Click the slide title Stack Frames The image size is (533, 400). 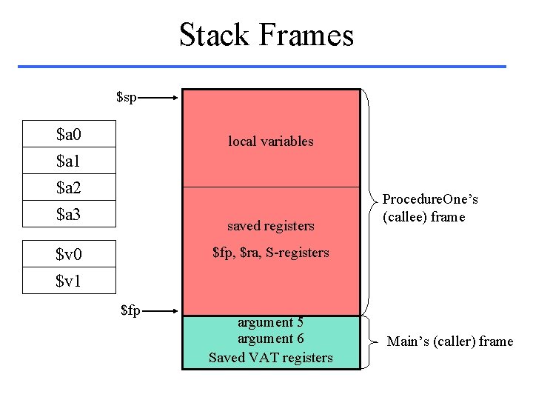pos(266,35)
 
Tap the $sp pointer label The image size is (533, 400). pos(127,96)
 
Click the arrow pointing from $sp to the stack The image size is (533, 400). pos(158,96)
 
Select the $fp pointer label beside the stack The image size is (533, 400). pos(130,310)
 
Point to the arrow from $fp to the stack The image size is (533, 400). pos(160,311)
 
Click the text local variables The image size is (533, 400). pos(271,141)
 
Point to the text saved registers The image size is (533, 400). pos(271,226)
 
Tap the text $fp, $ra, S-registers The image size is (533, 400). pos(271,253)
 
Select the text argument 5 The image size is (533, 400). pos(271,322)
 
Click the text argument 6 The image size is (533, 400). pos(271,339)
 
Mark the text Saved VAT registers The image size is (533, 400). pos(271,358)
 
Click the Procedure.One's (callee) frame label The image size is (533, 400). pos(430,208)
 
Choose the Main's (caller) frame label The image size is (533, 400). pos(450,341)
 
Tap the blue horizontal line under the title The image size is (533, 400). pos(262,67)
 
